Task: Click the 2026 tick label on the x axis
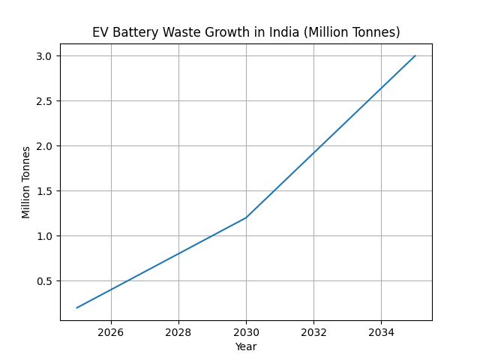point(111,331)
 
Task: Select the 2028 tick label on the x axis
point(178,331)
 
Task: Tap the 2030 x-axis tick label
point(246,331)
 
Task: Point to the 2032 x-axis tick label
point(313,331)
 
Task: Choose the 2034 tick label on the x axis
point(381,331)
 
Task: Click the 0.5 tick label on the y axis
point(46,281)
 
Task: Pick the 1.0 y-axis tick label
point(46,236)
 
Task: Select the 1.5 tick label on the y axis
point(46,191)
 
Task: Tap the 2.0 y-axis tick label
point(46,146)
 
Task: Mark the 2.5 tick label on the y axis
point(46,101)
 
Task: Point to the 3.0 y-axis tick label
point(46,56)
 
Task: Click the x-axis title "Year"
point(246,346)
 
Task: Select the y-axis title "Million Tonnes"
point(27,182)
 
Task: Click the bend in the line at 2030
point(246,217)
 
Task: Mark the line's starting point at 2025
point(77,307)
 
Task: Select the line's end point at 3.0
point(415,55)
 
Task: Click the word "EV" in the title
point(100,32)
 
